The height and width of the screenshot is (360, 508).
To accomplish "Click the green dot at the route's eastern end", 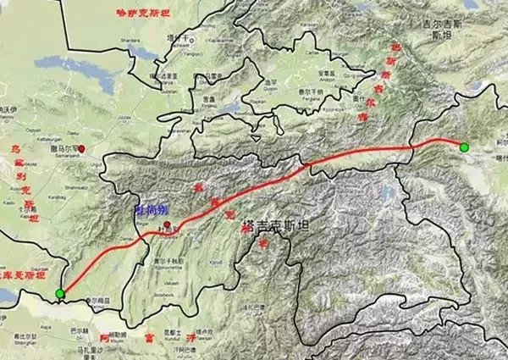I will coord(464,147).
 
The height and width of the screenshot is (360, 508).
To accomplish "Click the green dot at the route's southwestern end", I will coord(59,294).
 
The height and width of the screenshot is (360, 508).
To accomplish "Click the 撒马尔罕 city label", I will coord(64,148).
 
